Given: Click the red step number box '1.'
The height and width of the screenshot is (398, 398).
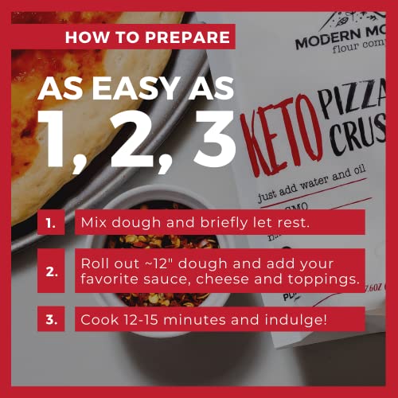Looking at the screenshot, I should [x=51, y=223].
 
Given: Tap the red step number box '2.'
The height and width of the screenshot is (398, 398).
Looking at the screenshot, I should [x=51, y=271].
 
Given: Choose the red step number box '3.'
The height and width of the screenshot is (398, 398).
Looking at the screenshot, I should [x=51, y=319].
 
